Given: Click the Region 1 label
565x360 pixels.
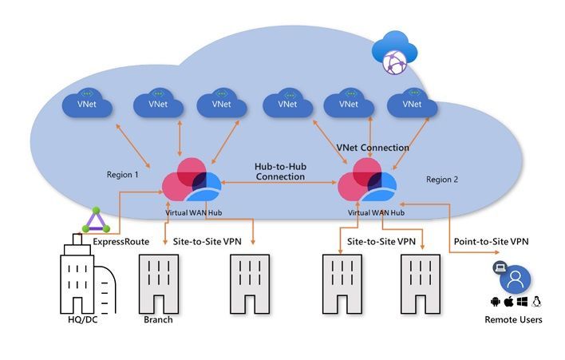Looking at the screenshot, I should coord(123,174).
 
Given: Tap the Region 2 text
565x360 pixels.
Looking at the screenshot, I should coord(442,180).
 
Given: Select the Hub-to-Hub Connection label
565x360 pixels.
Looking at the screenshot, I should coord(280,171).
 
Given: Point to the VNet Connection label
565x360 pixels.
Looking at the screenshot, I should coord(374,148).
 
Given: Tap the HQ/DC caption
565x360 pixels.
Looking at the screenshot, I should coord(86,320).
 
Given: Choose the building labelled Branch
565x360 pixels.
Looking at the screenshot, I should coord(158,283).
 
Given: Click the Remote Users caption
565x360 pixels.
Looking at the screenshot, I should coord(514,320).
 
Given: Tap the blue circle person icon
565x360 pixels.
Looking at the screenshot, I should coord(515,279).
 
